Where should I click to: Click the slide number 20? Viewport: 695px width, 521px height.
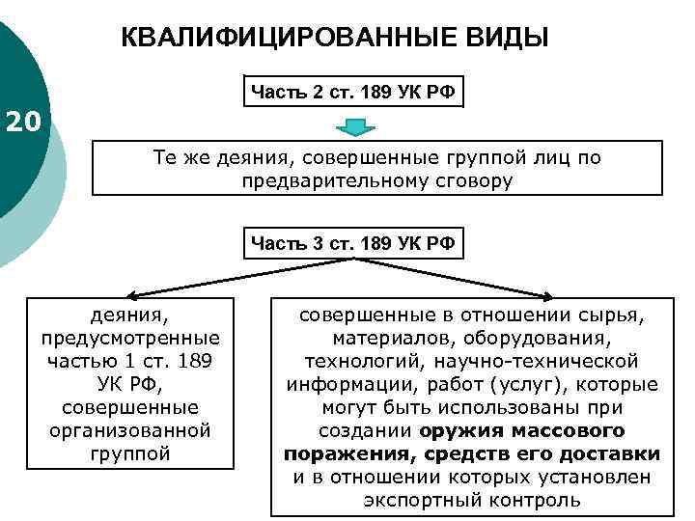23,123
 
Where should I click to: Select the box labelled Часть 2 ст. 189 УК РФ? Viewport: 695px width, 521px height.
354,93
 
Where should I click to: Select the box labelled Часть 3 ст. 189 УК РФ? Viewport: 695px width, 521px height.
354,241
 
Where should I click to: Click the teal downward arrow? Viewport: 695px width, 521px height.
355,126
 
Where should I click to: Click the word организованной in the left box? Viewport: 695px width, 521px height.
131,429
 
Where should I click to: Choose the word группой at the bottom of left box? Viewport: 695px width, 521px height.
131,452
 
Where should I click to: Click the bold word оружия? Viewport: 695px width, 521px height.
462,430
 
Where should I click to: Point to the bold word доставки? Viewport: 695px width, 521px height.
614,453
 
